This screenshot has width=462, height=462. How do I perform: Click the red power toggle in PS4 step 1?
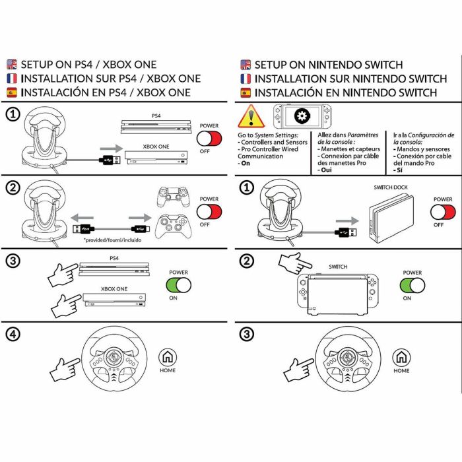click(209, 139)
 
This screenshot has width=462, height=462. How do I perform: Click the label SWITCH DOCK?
click(391, 187)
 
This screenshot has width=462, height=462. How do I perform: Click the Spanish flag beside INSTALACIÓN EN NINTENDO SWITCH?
click(246, 93)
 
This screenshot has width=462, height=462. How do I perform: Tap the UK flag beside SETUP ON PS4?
click(12, 65)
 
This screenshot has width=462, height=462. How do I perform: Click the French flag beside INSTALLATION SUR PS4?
click(12, 79)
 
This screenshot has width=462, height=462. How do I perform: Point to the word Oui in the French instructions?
click(325, 170)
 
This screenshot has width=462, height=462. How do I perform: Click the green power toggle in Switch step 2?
click(412, 286)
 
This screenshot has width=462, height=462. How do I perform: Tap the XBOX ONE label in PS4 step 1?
click(156, 147)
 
